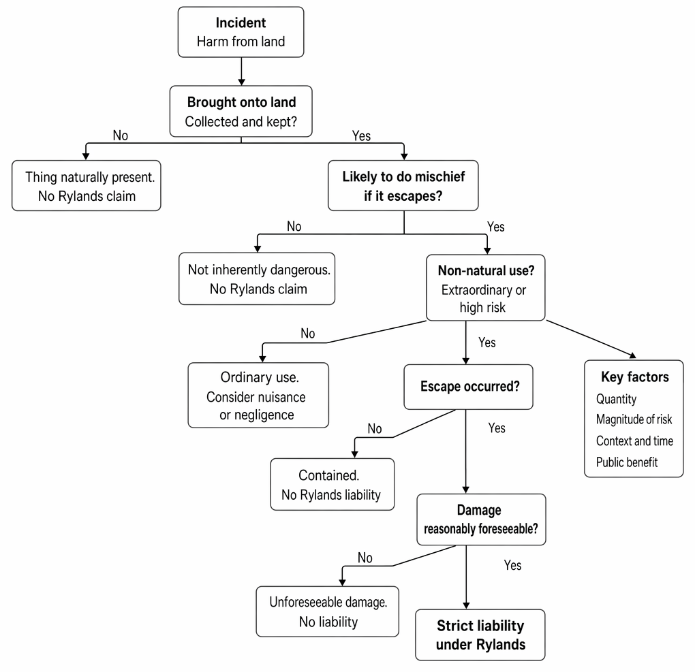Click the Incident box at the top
(241, 32)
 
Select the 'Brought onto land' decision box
(241, 111)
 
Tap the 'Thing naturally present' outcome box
(87, 186)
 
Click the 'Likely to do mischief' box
(403, 186)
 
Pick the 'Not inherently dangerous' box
(257, 278)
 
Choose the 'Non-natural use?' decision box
(485, 287)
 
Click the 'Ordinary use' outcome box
(258, 395)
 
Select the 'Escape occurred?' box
(469, 387)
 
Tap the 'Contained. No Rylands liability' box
(333, 484)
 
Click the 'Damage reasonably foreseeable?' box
(481, 519)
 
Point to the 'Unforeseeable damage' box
(328, 612)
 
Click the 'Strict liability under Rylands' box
(480, 635)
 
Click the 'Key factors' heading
(635, 377)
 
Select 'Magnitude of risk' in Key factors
(634, 419)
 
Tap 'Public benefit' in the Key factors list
(627, 462)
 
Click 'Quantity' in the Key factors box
(616, 399)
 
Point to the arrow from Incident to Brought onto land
(241, 71)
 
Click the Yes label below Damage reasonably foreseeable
(512, 565)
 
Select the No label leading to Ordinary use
(307, 333)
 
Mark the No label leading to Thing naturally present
(120, 135)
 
